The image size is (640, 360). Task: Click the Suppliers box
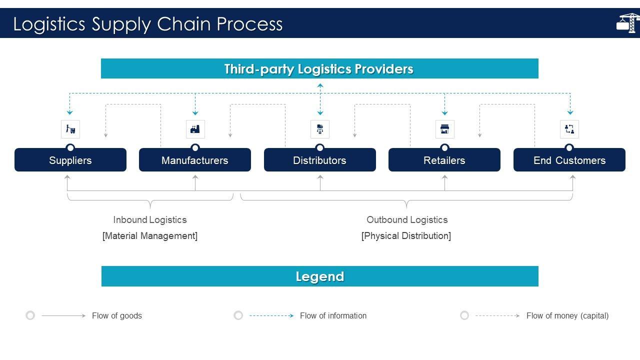pyautogui.click(x=70, y=159)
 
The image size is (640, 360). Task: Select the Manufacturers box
pyautogui.click(x=195, y=159)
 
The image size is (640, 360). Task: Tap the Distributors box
pyautogui.click(x=319, y=159)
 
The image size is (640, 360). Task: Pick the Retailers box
pyautogui.click(x=444, y=159)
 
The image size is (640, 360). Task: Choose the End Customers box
pyautogui.click(x=569, y=159)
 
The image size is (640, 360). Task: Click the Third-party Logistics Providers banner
pyautogui.click(x=319, y=68)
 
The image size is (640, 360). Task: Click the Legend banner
pyautogui.click(x=320, y=276)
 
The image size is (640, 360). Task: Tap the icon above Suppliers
pyautogui.click(x=70, y=129)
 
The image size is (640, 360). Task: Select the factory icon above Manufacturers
pyautogui.click(x=195, y=129)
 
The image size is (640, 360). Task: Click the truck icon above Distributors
pyautogui.click(x=320, y=129)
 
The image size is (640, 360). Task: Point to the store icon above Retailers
pyautogui.click(x=445, y=129)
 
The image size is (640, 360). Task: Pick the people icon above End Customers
pyautogui.click(x=569, y=129)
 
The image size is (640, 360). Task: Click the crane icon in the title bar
pyautogui.click(x=628, y=23)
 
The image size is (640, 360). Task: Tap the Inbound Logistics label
pyautogui.click(x=150, y=219)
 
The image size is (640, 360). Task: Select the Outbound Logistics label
pyautogui.click(x=407, y=219)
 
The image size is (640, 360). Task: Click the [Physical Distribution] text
pyautogui.click(x=406, y=235)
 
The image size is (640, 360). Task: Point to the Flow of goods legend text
pyautogui.click(x=117, y=315)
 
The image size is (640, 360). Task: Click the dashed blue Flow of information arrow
pyautogui.click(x=271, y=315)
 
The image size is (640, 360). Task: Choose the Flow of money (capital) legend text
pyautogui.click(x=567, y=315)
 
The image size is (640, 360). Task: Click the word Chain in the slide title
pyautogui.click(x=183, y=23)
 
